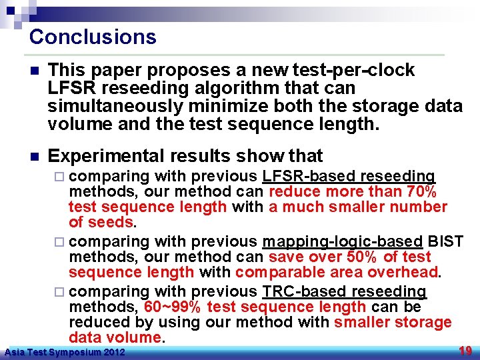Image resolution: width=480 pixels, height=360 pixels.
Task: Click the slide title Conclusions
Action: pos(93,37)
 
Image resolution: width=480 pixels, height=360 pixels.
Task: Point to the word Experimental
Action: pos(106,156)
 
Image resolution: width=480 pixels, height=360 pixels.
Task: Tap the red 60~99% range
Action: pos(173,307)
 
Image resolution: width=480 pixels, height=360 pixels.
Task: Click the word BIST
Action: pos(445,241)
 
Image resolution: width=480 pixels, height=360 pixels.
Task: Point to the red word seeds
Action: pos(110,222)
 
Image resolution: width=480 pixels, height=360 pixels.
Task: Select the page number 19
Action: pos(466,351)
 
